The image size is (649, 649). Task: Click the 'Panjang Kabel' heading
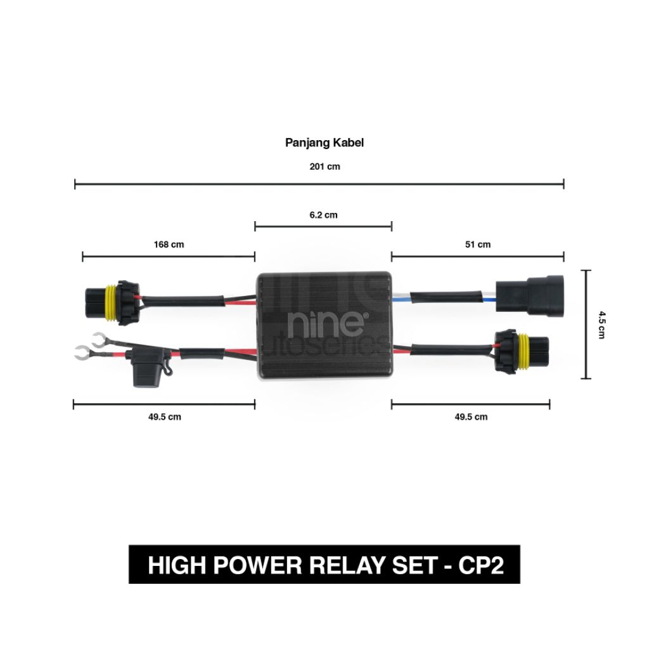pos(324,143)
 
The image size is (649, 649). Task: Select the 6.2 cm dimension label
pos(323,215)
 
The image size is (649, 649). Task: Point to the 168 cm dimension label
pos(169,244)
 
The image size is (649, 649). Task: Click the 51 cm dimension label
pos(477,244)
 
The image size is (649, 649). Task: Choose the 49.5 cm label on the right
pos(472,416)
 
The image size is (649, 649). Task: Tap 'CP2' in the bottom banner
pos(481,565)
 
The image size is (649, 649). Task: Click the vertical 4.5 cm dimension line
pos(587,324)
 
